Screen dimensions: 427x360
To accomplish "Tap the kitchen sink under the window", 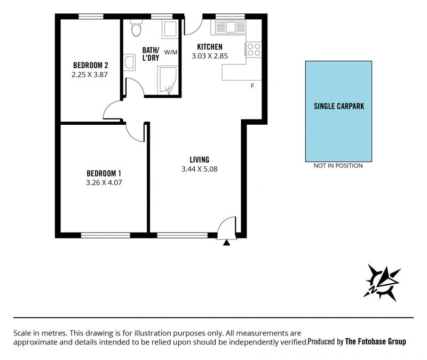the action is coord(231,27).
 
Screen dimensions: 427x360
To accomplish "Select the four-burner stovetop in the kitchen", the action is coord(254,50).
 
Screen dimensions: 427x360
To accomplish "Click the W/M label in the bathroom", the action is coord(171,52).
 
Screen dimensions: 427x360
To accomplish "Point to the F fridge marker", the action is coord(252,86).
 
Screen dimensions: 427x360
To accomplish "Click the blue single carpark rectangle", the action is coord(338,111).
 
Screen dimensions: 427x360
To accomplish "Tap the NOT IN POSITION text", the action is coord(338,166).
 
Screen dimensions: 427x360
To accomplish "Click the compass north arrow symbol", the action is coord(382,283).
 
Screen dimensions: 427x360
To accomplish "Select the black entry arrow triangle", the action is coord(226,243).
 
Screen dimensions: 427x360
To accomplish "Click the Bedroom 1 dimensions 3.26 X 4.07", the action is coord(104,182).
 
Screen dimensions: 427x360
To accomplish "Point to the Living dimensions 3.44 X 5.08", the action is coord(199,169).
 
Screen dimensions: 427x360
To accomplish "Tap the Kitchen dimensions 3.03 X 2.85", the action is coord(210,56).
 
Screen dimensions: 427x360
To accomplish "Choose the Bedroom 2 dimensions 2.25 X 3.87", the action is coord(90,75).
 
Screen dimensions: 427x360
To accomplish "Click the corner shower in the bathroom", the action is coord(167,81).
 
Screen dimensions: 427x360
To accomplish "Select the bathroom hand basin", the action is coord(130,62).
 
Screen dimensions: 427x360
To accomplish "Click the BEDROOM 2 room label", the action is coord(90,65).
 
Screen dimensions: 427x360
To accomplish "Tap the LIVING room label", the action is coord(199,159).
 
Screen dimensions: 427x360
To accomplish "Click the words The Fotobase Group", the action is coord(376,341).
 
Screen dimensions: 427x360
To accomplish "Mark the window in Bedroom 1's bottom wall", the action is coord(106,235).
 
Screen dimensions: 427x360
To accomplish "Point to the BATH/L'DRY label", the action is coord(151,54).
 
